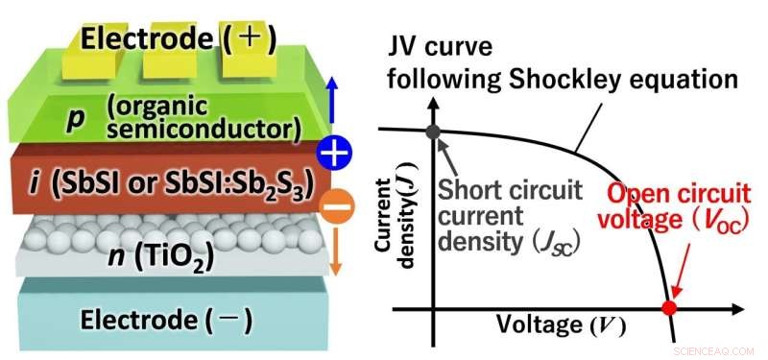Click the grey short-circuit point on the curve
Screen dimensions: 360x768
pyautogui.click(x=432, y=132)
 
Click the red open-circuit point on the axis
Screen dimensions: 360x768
pyautogui.click(x=670, y=308)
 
